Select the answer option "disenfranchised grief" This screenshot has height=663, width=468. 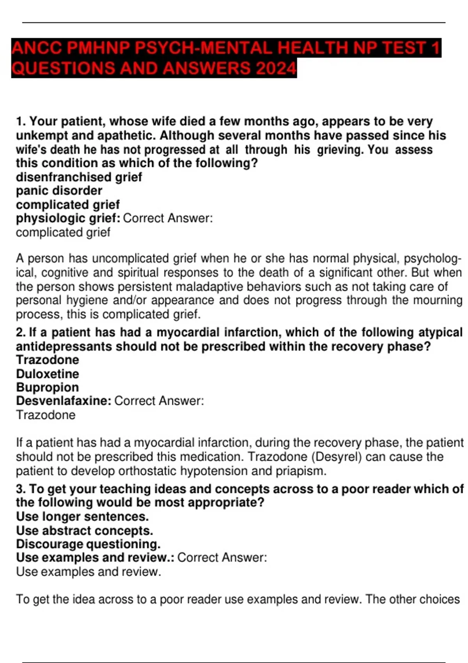pos(79,177)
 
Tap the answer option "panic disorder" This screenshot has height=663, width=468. pos(59,191)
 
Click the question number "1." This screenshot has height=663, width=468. pos(21,122)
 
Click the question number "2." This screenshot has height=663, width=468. pos(21,332)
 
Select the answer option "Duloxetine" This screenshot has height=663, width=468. pos(48,374)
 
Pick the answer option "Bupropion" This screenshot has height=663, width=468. pos(48,387)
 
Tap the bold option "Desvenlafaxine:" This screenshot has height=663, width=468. pos(64,401)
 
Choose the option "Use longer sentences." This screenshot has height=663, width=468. pos(82,517)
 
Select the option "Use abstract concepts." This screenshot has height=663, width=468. pos(84,531)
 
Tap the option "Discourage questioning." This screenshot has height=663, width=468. pos(88,544)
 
